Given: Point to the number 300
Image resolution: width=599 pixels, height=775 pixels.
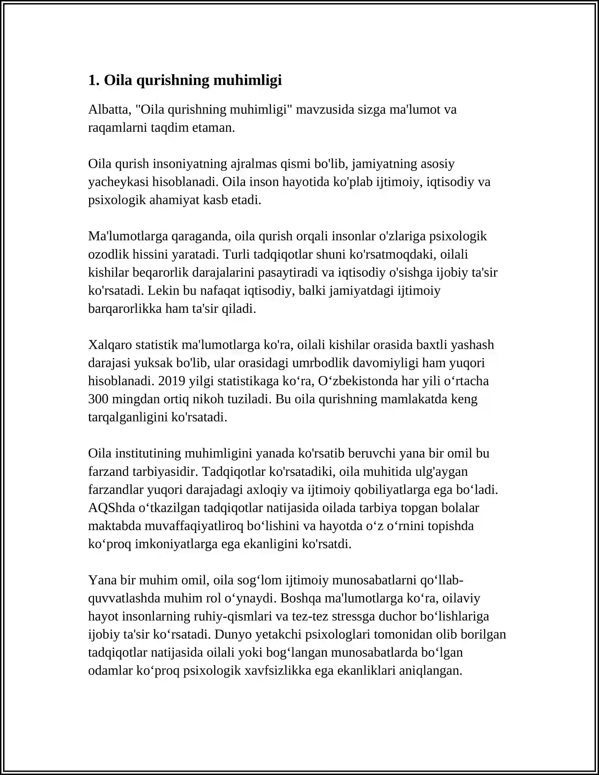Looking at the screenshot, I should pyautogui.click(x=98, y=399).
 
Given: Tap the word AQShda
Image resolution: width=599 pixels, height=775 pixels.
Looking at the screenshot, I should pyautogui.click(x=112, y=508).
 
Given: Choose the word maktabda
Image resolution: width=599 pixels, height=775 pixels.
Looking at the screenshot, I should pyautogui.click(x=115, y=526).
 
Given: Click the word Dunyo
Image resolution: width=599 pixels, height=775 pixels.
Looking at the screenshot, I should pyautogui.click(x=232, y=635).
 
